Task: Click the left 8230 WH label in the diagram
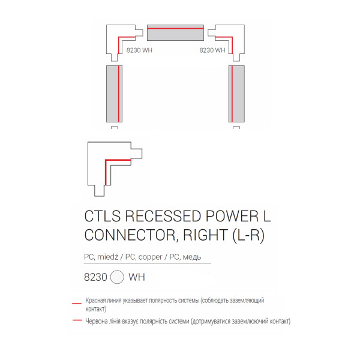pyautogui.click(x=139, y=50)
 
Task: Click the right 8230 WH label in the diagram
pyautogui.click(x=212, y=50)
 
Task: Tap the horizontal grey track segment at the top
pyautogui.click(x=175, y=32)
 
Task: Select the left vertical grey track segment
pyautogui.click(x=114, y=94)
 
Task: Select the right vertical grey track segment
pyautogui.click(x=236, y=94)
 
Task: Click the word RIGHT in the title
pyautogui.click(x=205, y=235)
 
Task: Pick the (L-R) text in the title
pyautogui.click(x=248, y=235)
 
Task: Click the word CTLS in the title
pyautogui.click(x=103, y=216)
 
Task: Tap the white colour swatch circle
pyautogui.click(x=117, y=277)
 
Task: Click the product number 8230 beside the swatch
pyautogui.click(x=95, y=277)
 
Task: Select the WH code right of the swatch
pyautogui.click(x=137, y=277)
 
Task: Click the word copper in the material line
pyautogui.click(x=151, y=257)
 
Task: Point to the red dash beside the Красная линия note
pyautogui.click(x=77, y=304)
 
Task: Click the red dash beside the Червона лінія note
pyautogui.click(x=77, y=320)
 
